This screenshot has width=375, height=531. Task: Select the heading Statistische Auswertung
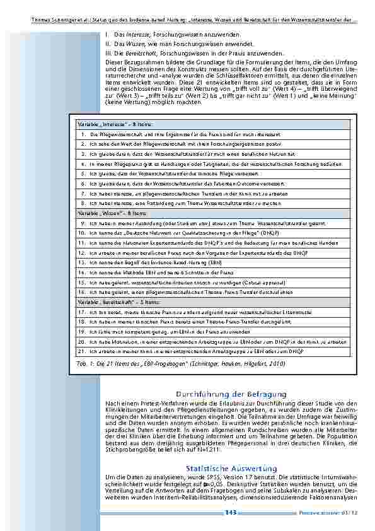click(x=231, y=468)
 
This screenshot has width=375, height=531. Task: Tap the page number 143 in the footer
click(x=231, y=512)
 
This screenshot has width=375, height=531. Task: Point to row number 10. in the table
click(x=82, y=233)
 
